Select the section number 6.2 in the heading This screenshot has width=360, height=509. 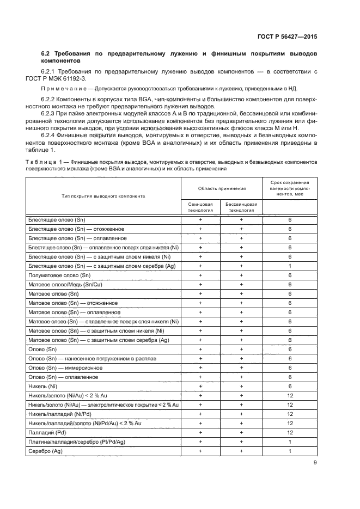coord(46,54)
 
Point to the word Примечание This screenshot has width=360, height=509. coord(61,89)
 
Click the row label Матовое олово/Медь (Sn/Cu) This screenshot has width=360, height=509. coord(64,284)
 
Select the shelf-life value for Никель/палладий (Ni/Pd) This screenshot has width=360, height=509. coord(290,414)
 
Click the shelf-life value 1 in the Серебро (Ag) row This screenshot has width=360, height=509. coord(290,451)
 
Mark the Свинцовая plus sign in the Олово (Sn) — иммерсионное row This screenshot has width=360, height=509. coord(200,367)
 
